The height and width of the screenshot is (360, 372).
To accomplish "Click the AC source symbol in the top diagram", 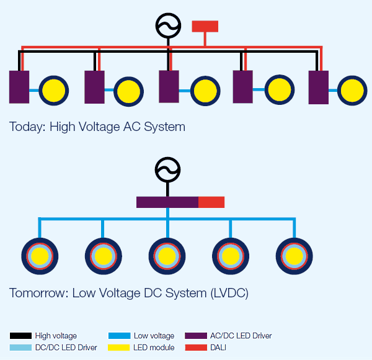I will pos(167,25).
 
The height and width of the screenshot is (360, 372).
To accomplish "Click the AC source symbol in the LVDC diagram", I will pos(167,169).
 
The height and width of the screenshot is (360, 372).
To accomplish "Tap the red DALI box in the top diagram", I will pos(205,26).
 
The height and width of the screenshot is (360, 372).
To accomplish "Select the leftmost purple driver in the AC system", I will pos(19,87).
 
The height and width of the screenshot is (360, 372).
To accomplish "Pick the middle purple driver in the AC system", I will pos(169,87).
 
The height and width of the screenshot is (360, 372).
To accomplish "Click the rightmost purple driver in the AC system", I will pos(318,87).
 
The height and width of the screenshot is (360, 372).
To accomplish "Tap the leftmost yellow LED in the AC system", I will pos(53,91).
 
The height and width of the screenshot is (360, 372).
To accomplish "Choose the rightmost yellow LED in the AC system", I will pos(352,91).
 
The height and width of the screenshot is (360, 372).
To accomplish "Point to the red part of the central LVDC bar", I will pos(211,202).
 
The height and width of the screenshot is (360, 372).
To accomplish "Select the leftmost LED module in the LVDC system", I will pos(40,256).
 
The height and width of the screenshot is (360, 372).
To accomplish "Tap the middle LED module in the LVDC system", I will pos(167,256).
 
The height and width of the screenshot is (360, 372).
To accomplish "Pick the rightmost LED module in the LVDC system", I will pos(293,256).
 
